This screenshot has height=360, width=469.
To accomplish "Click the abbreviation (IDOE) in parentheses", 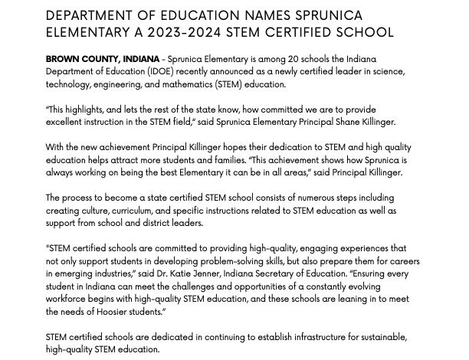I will (x=157, y=71).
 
